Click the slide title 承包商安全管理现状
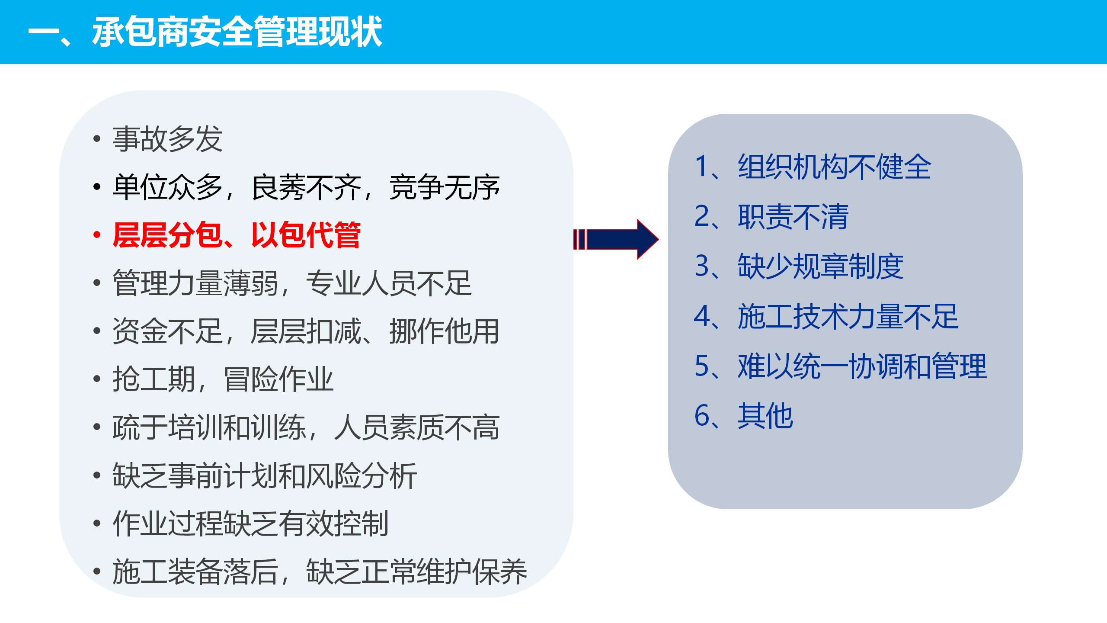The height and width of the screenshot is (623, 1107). coord(237,32)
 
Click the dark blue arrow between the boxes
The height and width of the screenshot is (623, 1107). coord(616,239)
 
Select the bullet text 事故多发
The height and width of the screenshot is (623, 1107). coord(168,139)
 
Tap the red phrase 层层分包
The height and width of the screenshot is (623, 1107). coord(168,235)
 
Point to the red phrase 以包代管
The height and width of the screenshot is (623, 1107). coord(306,235)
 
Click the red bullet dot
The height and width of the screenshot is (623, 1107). coord(97,235)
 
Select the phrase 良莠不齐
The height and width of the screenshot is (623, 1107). coord(306,187)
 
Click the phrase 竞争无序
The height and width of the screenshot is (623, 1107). coord(445,187)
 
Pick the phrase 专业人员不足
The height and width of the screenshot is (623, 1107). coord(389,283)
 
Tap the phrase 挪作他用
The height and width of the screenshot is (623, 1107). coord(445,331)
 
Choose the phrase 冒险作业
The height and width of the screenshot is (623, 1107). coord(279,379)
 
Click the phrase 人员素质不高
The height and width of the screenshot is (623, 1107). coord(417,427)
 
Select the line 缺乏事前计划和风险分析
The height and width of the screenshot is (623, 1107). coord(265,475)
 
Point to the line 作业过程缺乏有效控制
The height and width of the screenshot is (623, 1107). coord(251,523)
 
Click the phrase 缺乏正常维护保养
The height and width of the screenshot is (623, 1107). coord(417,572)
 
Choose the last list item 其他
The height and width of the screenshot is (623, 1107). coord(765,415)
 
